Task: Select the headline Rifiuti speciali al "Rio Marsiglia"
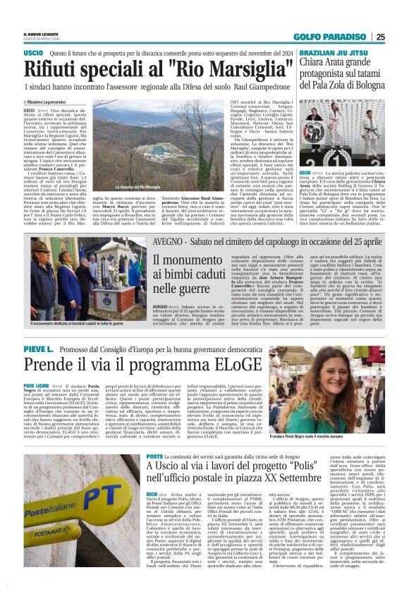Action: tap(159, 69)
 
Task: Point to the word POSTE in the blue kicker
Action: tap(155, 456)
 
